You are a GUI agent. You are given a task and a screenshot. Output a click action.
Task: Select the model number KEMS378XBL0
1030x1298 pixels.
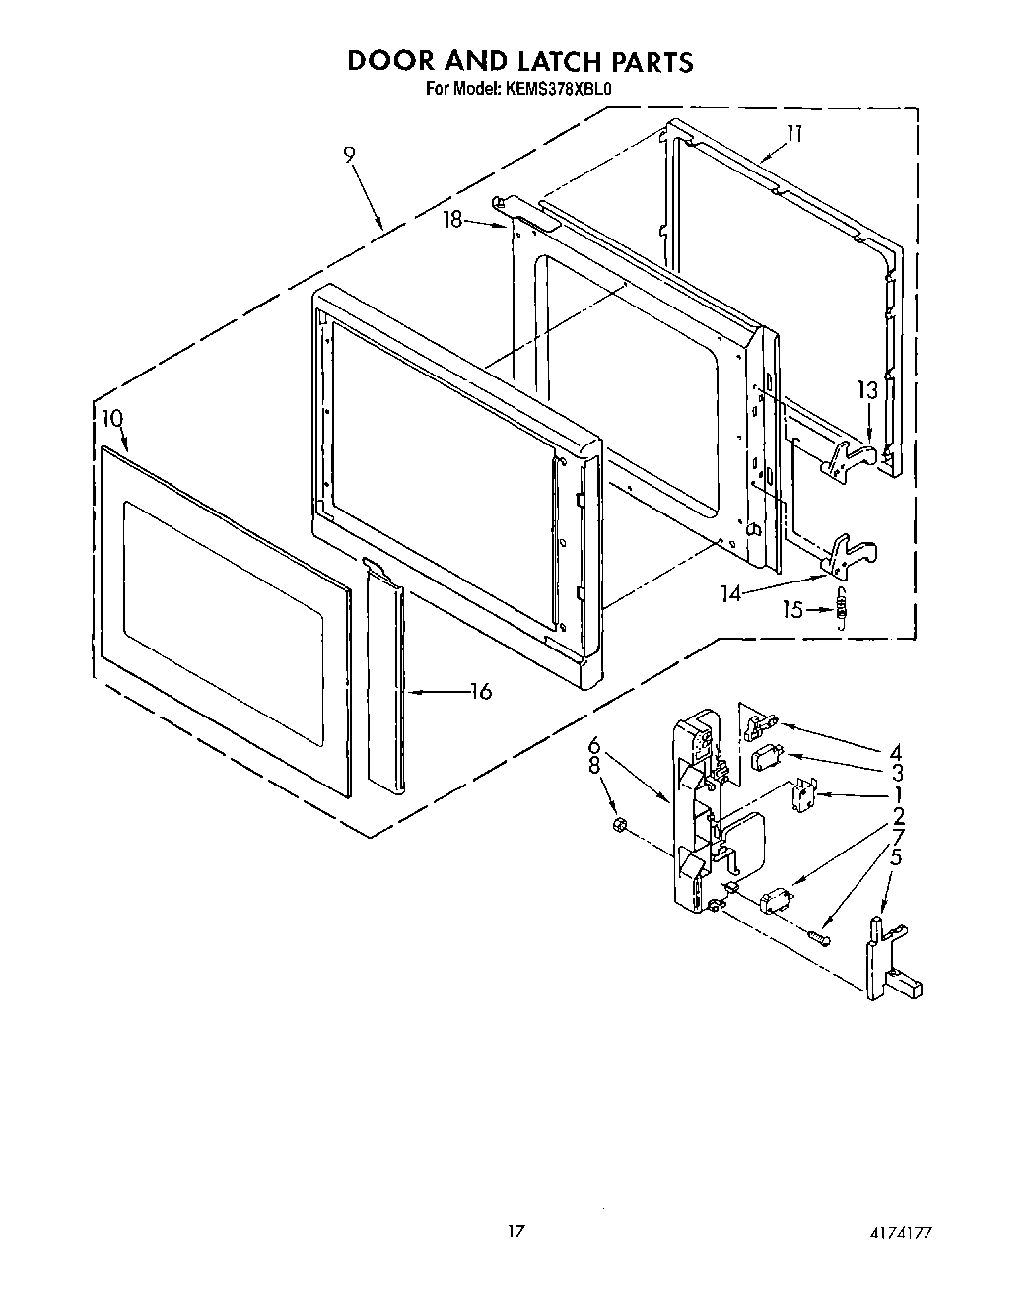click(561, 88)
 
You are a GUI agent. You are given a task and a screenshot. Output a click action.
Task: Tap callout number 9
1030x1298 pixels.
click(350, 154)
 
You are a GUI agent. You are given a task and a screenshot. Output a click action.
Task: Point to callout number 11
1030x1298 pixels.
click(794, 134)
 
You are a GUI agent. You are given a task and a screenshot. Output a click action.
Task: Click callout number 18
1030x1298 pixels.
click(452, 220)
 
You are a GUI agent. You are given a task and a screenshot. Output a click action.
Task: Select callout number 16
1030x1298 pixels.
click(480, 692)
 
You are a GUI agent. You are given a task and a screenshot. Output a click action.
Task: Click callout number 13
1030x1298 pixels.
click(866, 391)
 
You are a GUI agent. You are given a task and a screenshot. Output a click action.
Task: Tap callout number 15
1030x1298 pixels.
click(793, 610)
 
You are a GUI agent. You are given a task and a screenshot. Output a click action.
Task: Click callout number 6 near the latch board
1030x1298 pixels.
click(594, 744)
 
